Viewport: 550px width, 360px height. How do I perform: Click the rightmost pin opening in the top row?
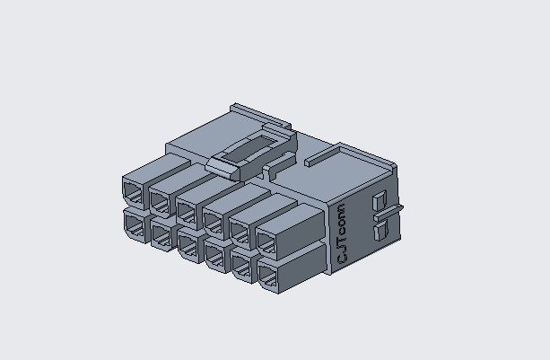click(267, 241)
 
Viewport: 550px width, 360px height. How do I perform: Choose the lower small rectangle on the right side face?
click(379, 232)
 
